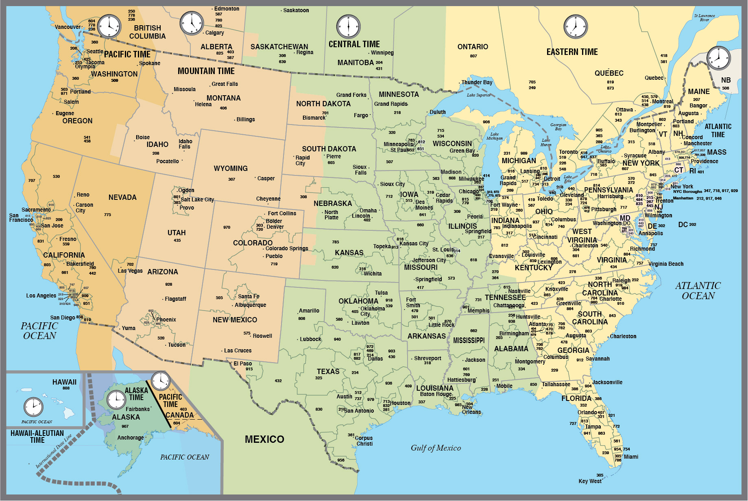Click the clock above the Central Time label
(x=348, y=27)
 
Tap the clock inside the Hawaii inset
(x=33, y=407)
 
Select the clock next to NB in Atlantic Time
(x=718, y=58)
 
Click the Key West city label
(x=590, y=481)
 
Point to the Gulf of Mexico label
(x=436, y=448)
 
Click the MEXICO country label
(x=264, y=439)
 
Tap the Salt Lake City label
(x=197, y=199)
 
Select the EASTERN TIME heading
(x=572, y=52)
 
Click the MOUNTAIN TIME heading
(x=206, y=71)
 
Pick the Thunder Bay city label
(x=477, y=82)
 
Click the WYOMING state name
(x=231, y=168)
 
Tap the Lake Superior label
(x=478, y=95)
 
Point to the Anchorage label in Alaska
(x=130, y=438)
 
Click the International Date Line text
(x=54, y=451)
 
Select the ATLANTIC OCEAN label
(x=698, y=291)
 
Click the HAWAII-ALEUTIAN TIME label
(x=37, y=436)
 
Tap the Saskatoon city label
(x=296, y=10)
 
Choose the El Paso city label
(x=242, y=363)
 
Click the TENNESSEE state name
(x=505, y=298)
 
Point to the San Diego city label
(x=63, y=317)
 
